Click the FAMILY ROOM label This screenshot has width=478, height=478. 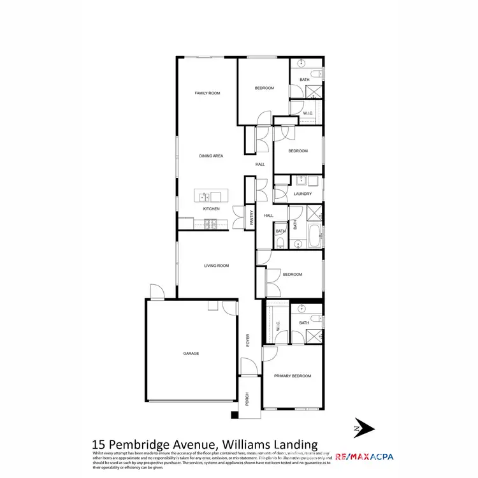coord(207,93)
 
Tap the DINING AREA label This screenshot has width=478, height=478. coord(210,156)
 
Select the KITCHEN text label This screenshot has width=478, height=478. coord(211,209)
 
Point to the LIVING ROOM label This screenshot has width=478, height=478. coord(216,265)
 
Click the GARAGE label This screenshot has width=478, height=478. coord(191,353)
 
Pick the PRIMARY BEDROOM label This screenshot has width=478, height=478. coord(293,376)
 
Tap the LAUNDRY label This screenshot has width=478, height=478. coord(302,194)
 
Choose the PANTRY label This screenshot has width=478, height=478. coord(252,218)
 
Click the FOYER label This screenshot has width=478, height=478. coord(249,340)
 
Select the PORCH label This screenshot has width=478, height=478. coord(248,399)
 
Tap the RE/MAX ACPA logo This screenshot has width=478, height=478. coord(363,456)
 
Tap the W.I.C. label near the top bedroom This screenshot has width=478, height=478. coord(307,113)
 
